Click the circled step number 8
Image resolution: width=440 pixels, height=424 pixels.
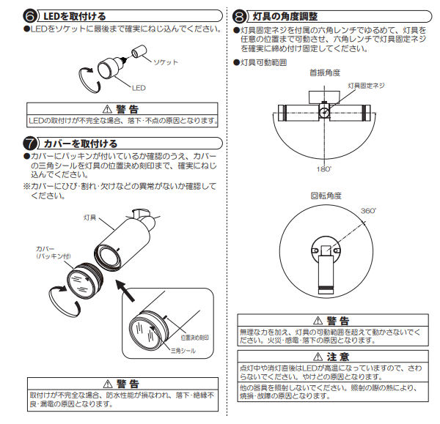point(239,15)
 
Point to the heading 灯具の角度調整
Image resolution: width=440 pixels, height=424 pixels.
point(289,15)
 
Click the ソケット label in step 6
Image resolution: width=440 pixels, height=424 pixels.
point(164,62)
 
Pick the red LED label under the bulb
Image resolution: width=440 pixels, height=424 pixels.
point(139,87)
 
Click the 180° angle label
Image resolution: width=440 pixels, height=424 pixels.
point(323,169)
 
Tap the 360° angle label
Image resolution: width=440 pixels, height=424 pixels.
point(368,210)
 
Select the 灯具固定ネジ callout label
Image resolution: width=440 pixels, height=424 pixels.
point(364,86)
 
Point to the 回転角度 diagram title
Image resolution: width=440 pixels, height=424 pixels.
point(325,196)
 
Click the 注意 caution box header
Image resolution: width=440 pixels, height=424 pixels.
point(333,356)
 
